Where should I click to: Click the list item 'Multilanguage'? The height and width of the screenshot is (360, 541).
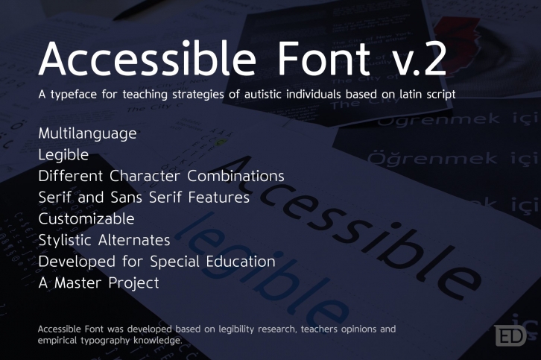coord(87,134)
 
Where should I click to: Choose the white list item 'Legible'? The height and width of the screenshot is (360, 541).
coord(63,155)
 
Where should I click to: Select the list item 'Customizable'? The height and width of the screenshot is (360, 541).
coord(86,219)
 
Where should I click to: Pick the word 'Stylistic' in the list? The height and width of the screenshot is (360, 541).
coord(66,241)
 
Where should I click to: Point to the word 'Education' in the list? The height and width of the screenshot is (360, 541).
coord(237,262)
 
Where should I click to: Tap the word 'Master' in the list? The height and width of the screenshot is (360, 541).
coord(83,283)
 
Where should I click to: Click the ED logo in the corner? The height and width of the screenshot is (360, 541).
coord(510,335)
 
